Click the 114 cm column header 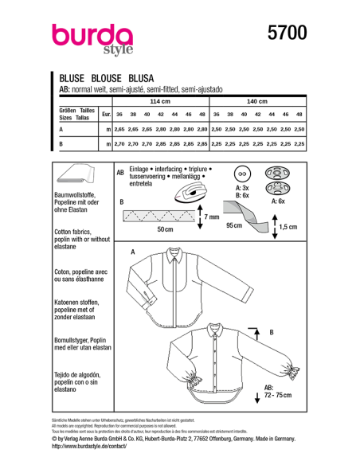160,103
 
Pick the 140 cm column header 256,103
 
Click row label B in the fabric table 61,144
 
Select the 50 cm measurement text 165,229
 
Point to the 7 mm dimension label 211,217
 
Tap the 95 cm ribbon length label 235,226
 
